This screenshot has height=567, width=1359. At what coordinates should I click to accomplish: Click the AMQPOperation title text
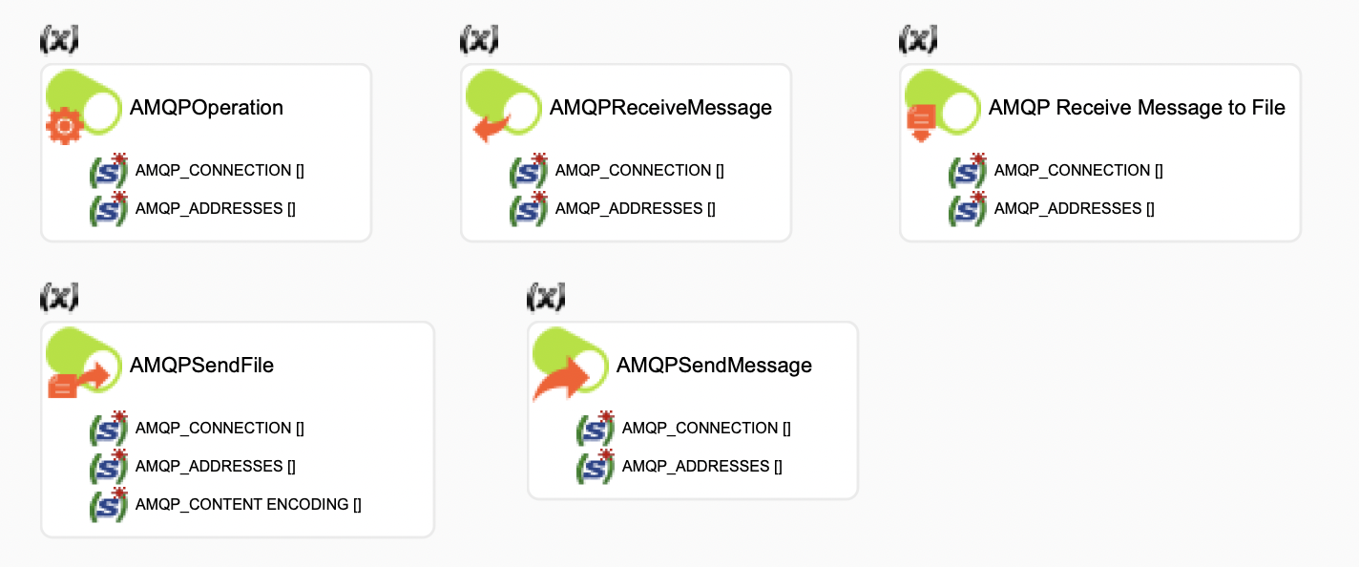[206, 108]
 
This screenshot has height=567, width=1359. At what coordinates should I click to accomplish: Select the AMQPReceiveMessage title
[660, 108]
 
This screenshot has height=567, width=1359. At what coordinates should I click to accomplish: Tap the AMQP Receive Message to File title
[1137, 108]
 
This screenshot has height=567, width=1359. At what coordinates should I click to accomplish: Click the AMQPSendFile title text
[201, 366]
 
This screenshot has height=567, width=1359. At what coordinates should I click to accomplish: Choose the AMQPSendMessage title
[714, 366]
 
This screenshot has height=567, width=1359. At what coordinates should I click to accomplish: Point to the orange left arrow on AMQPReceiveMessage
[491, 126]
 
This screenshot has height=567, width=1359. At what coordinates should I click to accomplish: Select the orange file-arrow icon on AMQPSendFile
[78, 379]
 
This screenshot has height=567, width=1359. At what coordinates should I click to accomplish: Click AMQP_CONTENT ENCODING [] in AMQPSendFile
[248, 504]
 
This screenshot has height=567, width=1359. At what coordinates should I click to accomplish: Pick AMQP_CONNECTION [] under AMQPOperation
[220, 171]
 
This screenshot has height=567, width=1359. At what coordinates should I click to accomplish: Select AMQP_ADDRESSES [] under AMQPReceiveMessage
[635, 208]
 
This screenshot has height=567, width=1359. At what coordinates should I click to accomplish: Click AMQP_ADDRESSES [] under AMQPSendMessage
[701, 466]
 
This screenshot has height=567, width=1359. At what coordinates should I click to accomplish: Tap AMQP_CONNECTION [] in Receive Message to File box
[1078, 171]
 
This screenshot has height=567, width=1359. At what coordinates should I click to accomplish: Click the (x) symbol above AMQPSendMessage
[545, 298]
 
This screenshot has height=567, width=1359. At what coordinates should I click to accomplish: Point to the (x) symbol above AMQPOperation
[58, 39]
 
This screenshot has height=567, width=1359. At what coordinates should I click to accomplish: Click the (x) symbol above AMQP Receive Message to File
[917, 39]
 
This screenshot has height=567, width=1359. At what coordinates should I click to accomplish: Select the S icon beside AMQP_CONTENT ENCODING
[108, 504]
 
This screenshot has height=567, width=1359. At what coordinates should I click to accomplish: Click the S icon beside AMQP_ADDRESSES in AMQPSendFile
[108, 466]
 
